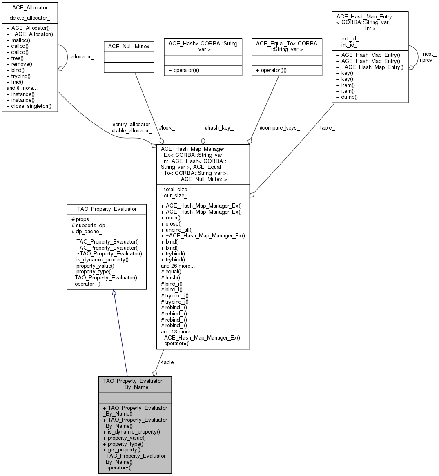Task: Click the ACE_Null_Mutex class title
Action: click(129, 47)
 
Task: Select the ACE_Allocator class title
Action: click(30, 8)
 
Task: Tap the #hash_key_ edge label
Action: click(219, 128)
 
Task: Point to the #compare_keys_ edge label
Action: click(280, 128)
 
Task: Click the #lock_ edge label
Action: click(167, 128)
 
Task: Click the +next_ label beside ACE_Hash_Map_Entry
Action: click(428, 54)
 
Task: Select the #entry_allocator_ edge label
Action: click(132, 125)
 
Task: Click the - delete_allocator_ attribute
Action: click(28, 18)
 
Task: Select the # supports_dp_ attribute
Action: click(90, 226)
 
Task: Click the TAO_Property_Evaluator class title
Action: click(107, 209)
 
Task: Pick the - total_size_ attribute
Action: click(176, 190)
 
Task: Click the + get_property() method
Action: click(121, 450)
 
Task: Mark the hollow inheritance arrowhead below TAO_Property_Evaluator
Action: click(114, 293)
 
